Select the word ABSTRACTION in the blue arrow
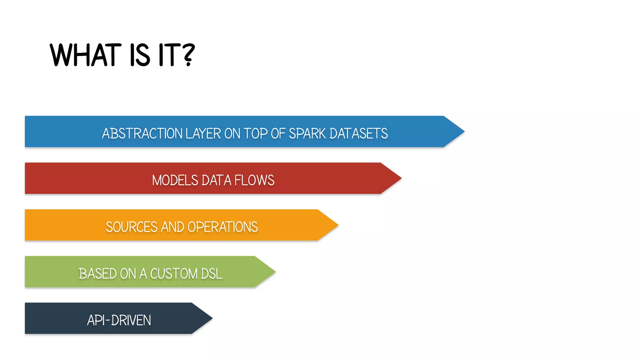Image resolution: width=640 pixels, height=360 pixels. pyautogui.click(x=142, y=133)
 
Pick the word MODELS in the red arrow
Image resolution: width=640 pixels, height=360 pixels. pyautogui.click(x=175, y=180)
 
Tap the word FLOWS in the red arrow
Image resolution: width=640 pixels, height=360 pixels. pyautogui.click(x=254, y=180)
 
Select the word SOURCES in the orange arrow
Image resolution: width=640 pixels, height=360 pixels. pyautogui.click(x=132, y=227)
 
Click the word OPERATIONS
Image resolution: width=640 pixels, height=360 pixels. pyautogui.click(x=222, y=227)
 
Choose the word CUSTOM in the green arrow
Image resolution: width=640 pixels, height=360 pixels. pyautogui.click(x=174, y=274)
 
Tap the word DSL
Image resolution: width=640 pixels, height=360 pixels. pyautogui.click(x=212, y=274)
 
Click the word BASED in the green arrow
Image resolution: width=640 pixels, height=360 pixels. pyautogui.click(x=97, y=274)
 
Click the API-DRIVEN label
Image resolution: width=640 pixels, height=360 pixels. pyautogui.click(x=119, y=320)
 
